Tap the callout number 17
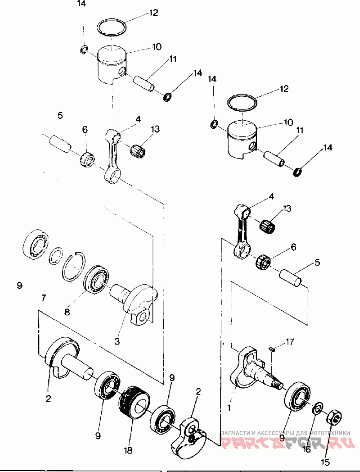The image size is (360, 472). click(x=290, y=342)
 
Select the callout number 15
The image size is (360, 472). click(x=325, y=462)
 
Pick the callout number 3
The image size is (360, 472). click(x=117, y=341)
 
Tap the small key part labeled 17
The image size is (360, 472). click(x=272, y=347)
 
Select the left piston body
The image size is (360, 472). click(x=112, y=65)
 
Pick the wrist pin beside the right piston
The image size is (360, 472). click(x=275, y=158)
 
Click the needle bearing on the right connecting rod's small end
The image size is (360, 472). click(x=270, y=224)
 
